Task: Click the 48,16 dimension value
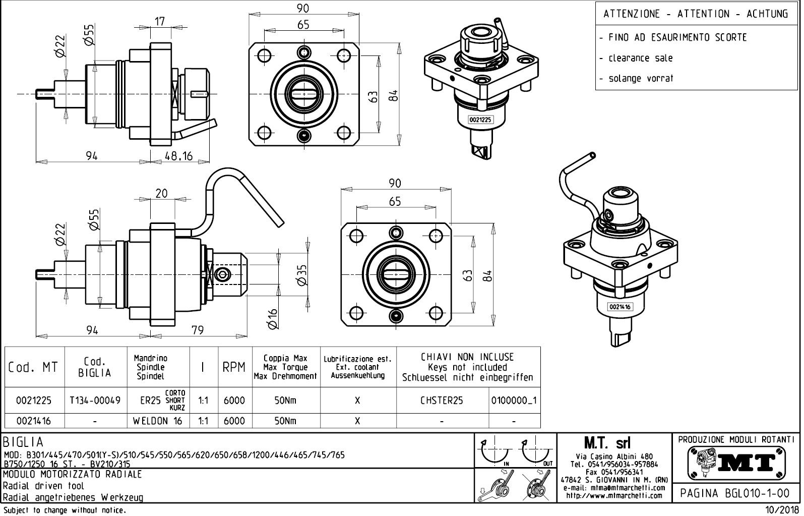tap(179, 156)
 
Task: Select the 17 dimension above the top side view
tap(160, 22)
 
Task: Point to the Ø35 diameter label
tap(302, 275)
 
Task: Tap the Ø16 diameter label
tap(273, 319)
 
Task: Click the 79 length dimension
tap(198, 330)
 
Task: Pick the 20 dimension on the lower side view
tap(161, 193)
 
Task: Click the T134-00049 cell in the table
tap(95, 400)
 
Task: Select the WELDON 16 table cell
tap(157, 421)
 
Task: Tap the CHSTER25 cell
tap(442, 400)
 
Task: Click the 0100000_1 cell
tap(514, 400)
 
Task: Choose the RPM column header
tap(234, 367)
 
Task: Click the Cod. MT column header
tap(33, 367)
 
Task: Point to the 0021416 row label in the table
tap(33, 421)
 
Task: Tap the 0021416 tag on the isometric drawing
tap(620, 307)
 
